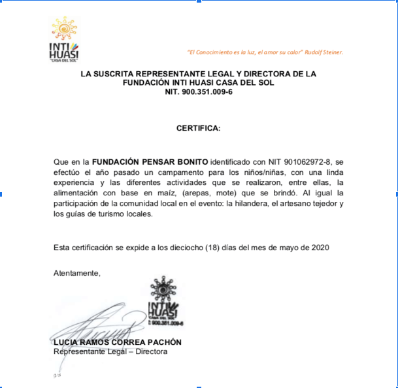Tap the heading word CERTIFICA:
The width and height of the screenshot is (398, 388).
(x=199, y=128)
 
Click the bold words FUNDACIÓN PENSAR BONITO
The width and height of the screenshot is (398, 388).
(x=150, y=161)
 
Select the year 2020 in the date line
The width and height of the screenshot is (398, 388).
(x=320, y=248)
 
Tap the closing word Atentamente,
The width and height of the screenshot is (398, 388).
(x=77, y=272)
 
